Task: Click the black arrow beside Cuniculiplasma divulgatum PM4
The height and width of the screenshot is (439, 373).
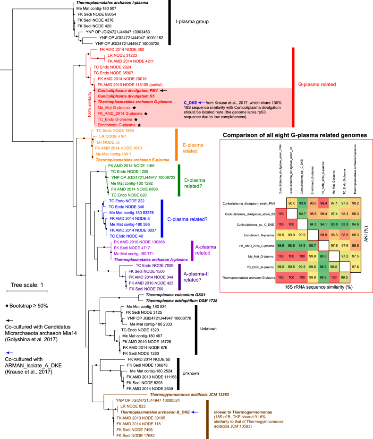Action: coord(164,90)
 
